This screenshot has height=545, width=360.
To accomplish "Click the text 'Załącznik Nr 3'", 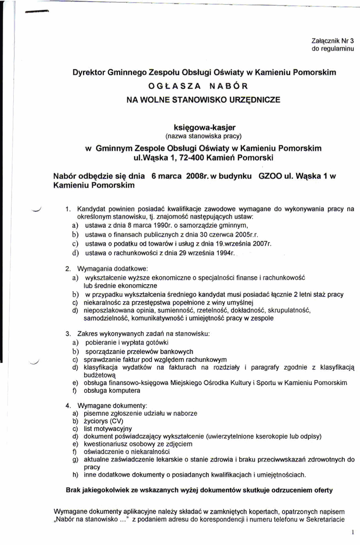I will pyautogui.click(x=332, y=40).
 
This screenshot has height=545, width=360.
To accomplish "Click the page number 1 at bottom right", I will pyautogui.click(x=353, y=532).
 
